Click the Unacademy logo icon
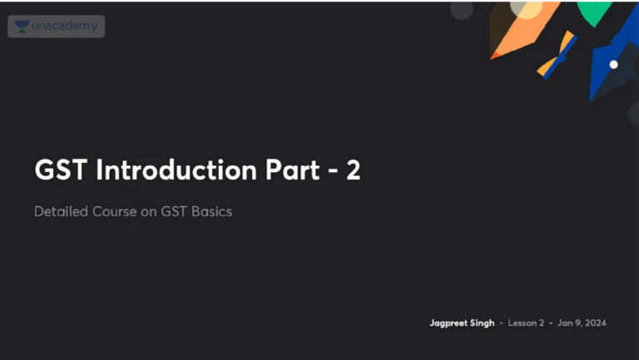pos(22,27)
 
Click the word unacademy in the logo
pos(64,27)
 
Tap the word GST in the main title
pos(62,170)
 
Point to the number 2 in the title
pos(353,170)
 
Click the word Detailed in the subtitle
pos(60,211)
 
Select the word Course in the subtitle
pos(114,211)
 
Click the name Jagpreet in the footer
pos(450,323)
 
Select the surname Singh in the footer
pos(483,323)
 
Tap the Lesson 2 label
pos(527,323)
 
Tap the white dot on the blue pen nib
pos(614,64)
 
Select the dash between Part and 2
pos(329,171)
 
